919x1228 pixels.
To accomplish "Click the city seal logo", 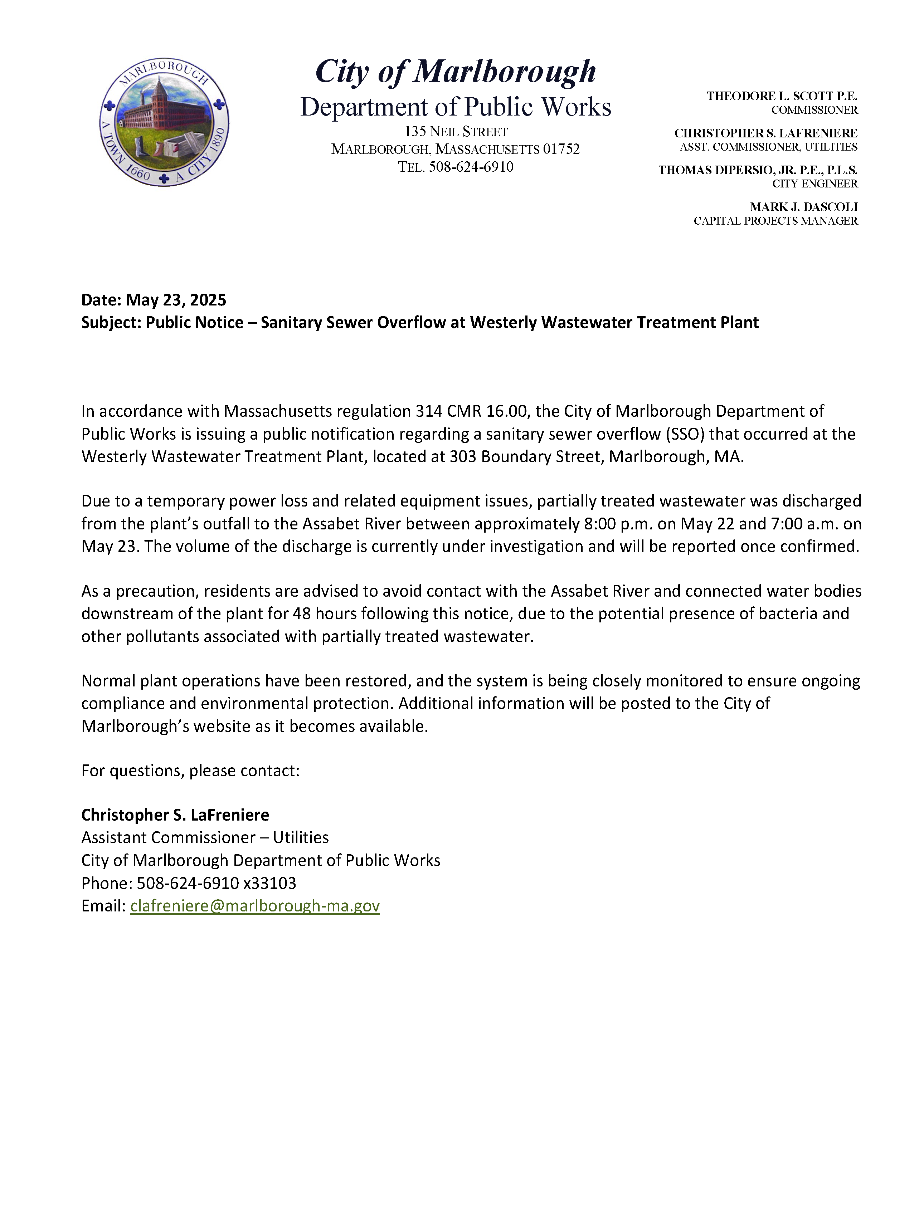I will [x=164, y=122].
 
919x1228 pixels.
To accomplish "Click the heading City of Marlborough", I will [x=455, y=72].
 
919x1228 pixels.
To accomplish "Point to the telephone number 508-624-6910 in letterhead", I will [x=470, y=167].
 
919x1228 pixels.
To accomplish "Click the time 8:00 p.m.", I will [x=617, y=524].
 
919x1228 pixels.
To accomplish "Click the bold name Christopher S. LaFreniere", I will [x=175, y=814].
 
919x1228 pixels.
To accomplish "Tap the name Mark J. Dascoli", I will [x=803, y=207].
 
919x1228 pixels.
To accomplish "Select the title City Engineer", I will [x=814, y=184].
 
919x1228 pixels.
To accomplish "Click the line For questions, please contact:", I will [x=190, y=770].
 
